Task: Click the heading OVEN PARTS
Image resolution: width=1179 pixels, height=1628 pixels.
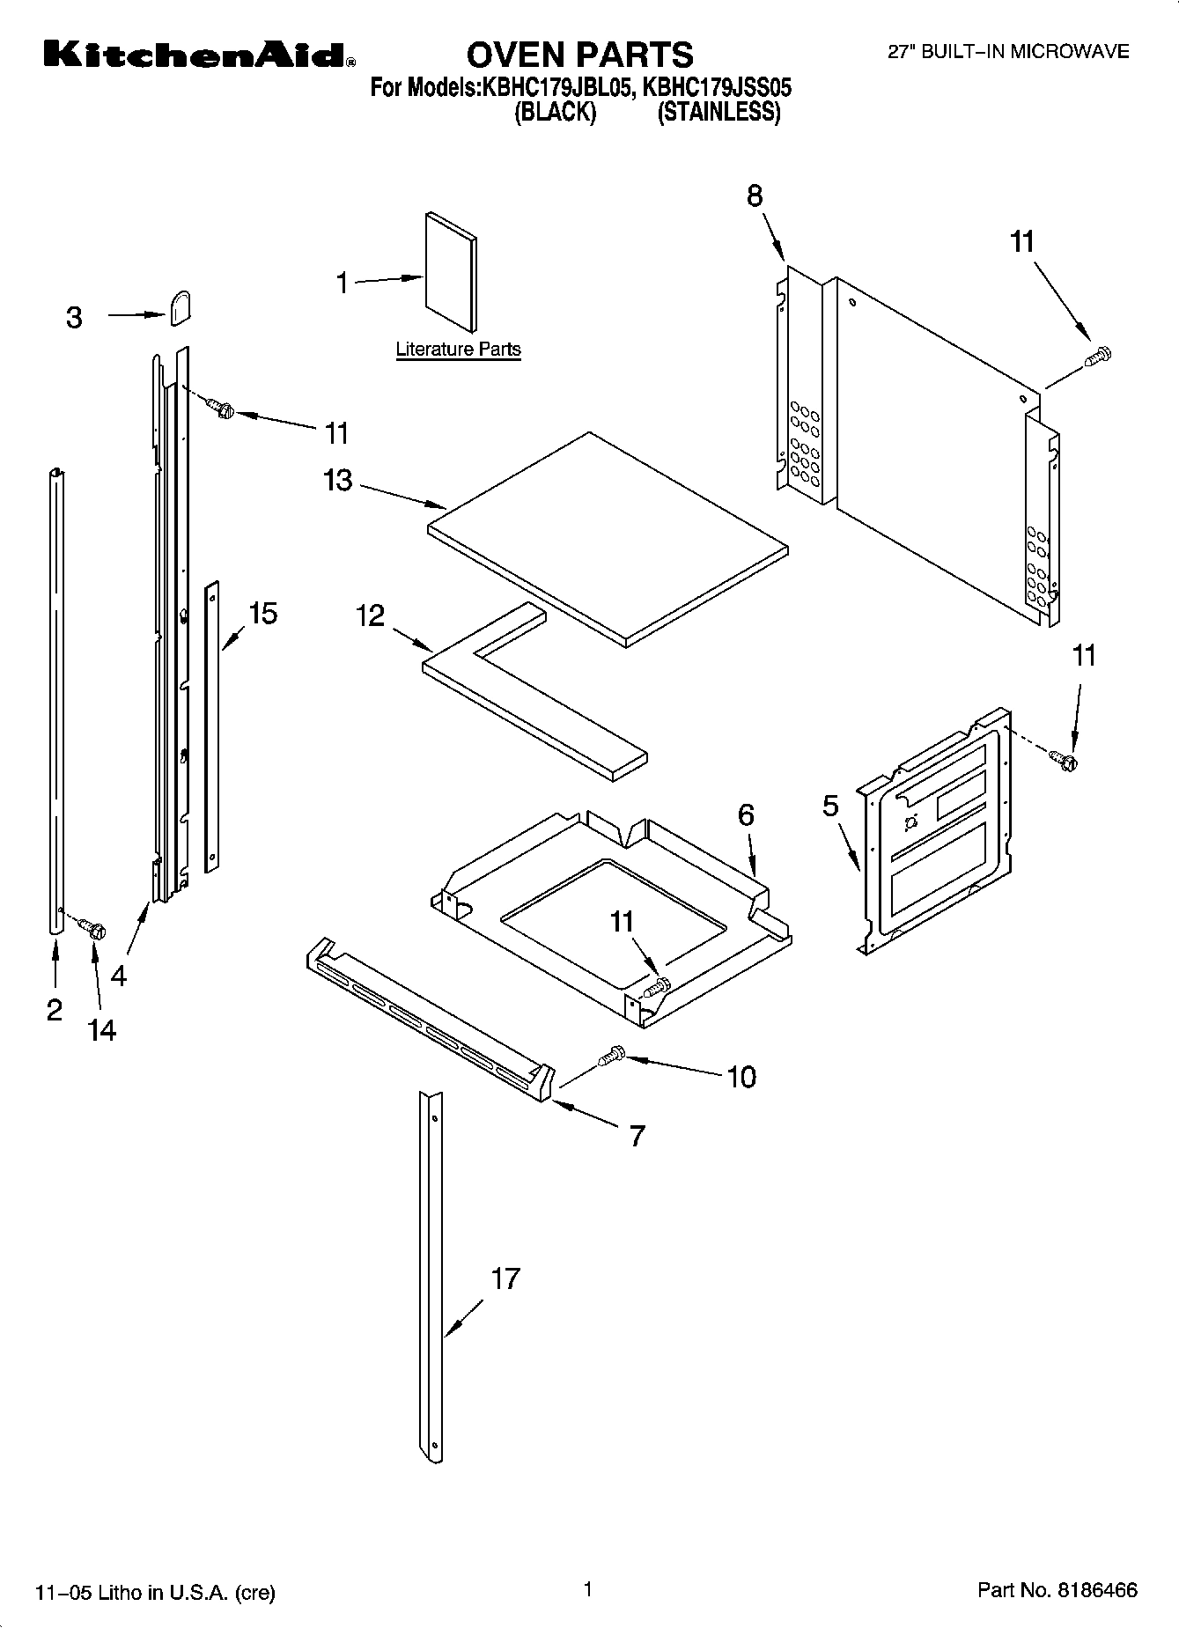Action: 579,55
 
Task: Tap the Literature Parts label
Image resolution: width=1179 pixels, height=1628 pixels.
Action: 458,350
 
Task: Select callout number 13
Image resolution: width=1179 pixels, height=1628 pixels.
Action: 338,481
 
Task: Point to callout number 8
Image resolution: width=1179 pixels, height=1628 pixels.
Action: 755,196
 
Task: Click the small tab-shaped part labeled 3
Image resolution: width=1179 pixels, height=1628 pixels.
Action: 181,309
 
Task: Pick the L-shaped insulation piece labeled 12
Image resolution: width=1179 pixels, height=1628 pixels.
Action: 528,696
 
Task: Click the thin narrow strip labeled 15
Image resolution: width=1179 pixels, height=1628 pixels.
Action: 211,726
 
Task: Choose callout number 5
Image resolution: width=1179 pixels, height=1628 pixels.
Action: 830,807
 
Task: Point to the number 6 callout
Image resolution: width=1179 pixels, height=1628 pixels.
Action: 746,815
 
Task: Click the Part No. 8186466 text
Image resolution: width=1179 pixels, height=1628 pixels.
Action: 1057,1590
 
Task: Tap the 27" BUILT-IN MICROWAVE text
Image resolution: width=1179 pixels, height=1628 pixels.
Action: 1007,52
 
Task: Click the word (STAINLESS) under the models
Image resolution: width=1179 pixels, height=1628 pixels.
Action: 718,113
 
